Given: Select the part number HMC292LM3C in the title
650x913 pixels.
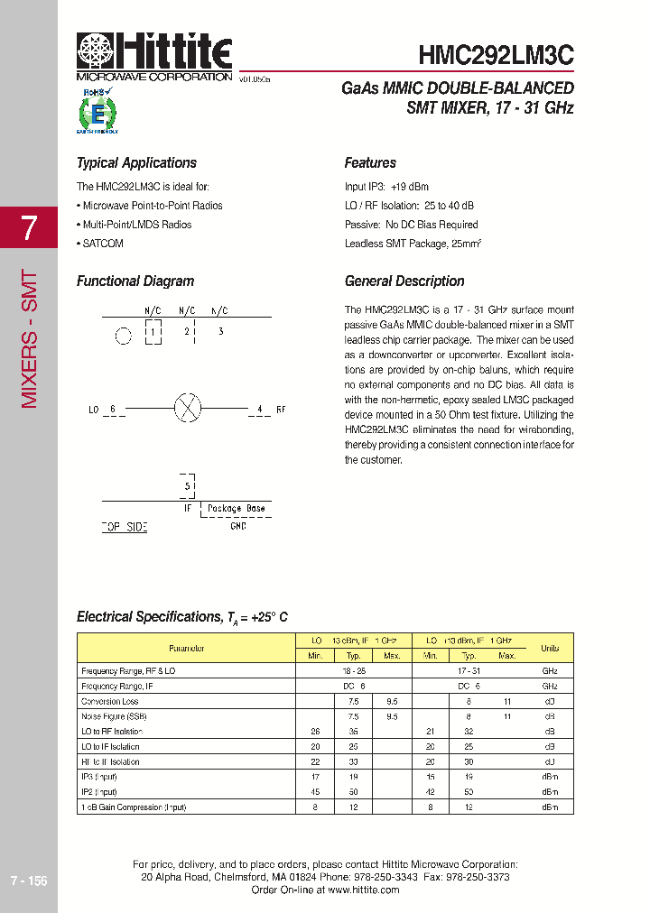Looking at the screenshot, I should click(x=496, y=55).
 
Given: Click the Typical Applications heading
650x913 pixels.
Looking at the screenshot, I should click(x=136, y=163).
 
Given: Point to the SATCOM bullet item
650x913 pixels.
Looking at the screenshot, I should click(x=101, y=244).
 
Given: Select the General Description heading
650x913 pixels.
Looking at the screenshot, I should click(x=404, y=281).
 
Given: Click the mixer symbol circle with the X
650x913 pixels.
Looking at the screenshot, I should click(x=187, y=409).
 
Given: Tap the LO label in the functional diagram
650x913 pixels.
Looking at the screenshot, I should click(x=93, y=410).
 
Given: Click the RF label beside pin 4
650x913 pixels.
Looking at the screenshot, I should click(x=281, y=410).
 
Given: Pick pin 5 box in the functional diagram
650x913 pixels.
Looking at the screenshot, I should click(x=188, y=486).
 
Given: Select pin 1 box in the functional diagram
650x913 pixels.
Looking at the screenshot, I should click(x=153, y=332).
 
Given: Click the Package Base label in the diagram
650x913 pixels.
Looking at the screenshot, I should click(x=236, y=509).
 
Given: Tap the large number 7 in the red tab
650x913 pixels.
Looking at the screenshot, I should click(x=29, y=229).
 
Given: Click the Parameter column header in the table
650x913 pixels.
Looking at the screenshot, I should click(x=186, y=649).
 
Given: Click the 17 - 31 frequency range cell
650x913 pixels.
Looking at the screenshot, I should click(x=469, y=671).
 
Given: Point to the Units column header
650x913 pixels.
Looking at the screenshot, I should click(x=549, y=649).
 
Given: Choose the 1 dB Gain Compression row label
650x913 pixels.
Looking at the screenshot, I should click(x=134, y=807).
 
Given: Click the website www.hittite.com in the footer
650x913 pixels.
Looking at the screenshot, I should click(x=363, y=890).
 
